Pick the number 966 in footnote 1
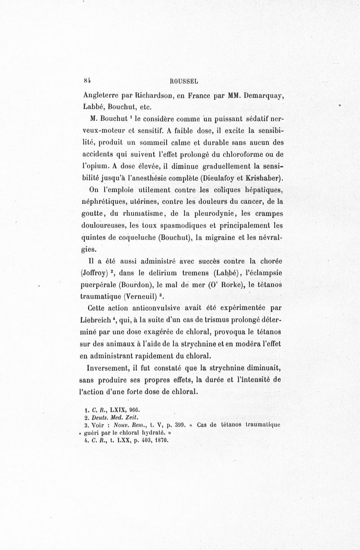pos(135,410)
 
